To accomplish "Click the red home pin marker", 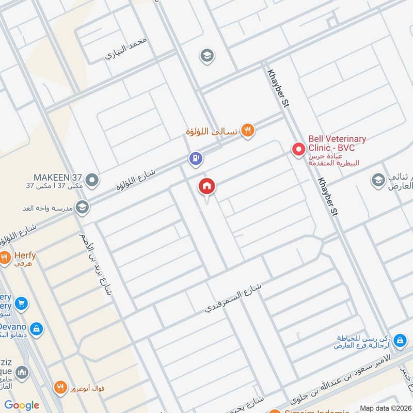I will [207, 186].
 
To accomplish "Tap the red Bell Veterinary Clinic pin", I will [298, 150].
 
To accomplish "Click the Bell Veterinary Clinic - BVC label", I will [337, 144].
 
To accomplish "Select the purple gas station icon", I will [195, 158].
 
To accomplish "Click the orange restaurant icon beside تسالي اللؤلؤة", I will [248, 131].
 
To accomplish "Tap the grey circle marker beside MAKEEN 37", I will [92, 181].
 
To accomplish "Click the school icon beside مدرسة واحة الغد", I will [82, 208].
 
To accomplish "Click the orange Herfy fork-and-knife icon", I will [5, 257].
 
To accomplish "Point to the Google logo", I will [22, 405].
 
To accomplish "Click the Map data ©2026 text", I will [385, 408].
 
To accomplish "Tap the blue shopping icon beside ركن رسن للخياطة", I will [399, 341].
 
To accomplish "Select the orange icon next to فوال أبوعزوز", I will [61, 387].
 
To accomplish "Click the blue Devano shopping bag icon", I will [36, 328].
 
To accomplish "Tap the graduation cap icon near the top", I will [207, 55].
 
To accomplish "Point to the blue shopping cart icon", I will [21, 303].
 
